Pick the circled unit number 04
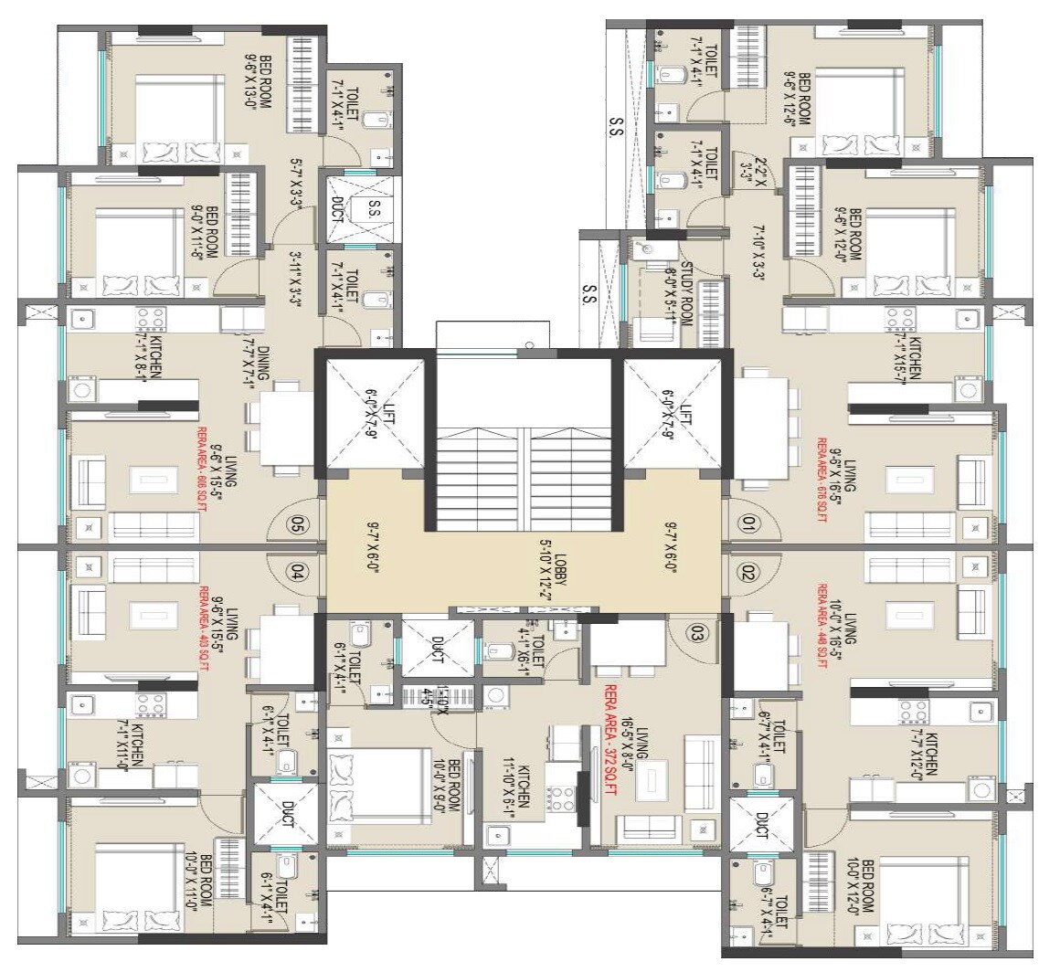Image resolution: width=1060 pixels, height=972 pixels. tap(297, 572)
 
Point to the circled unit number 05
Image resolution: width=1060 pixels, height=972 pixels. tap(297, 524)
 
